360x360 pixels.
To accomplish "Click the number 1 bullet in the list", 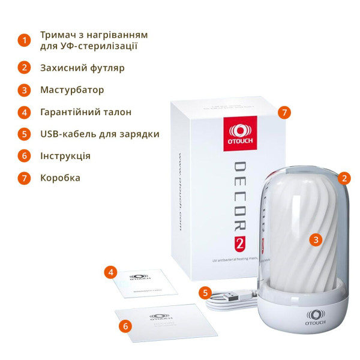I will pos(24,40).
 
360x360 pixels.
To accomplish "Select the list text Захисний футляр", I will pos(82,68).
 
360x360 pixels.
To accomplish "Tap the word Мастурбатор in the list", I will pos(72,90).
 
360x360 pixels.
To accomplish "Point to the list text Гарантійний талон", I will pos(86,112).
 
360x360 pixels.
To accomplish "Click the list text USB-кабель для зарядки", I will pos(100,134).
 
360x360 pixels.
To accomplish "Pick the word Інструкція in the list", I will pos(65,156).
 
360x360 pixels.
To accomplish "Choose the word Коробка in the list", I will pos(60,178).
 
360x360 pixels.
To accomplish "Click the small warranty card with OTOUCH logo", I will pos(143,282).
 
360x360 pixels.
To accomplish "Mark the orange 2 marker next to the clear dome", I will pos(344,178).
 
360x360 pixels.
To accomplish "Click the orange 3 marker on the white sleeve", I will pos(316,239).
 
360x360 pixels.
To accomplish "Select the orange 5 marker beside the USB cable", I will pos(206,293).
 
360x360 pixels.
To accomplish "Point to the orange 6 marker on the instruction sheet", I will pos(125,326).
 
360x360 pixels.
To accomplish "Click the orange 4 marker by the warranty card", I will pos(109,272).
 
